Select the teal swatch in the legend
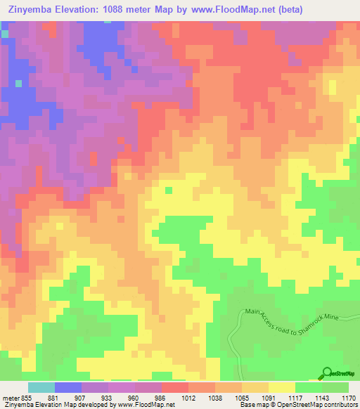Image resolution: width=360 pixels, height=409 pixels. pos(41,387)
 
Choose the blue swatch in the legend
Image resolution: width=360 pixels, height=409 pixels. pos(68,387)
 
